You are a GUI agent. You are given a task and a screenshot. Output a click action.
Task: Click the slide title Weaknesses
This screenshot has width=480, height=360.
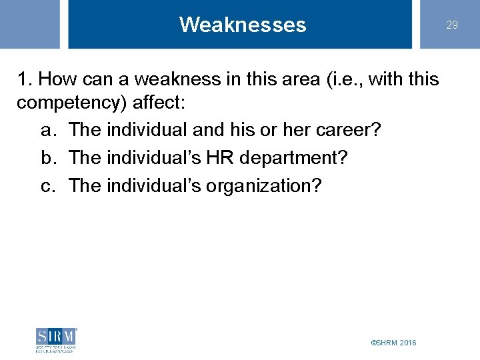coord(243,25)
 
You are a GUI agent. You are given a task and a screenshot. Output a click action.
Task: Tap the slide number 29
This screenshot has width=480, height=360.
coord(452,25)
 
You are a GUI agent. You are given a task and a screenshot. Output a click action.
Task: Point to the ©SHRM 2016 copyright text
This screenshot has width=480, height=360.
coord(393,342)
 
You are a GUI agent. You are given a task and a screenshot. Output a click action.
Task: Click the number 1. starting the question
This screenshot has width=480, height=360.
coord(25,79)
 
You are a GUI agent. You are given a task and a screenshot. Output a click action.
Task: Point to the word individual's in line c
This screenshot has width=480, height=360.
coord(156,186)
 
